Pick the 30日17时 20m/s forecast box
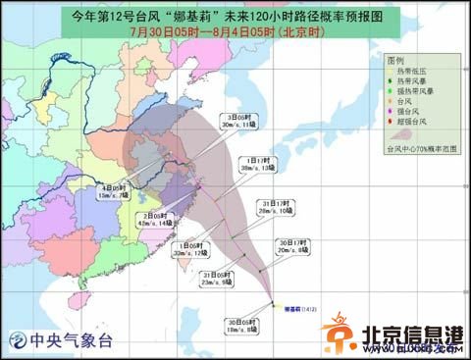pyautogui.click(x=293, y=246)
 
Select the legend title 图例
pyautogui.click(x=395, y=58)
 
